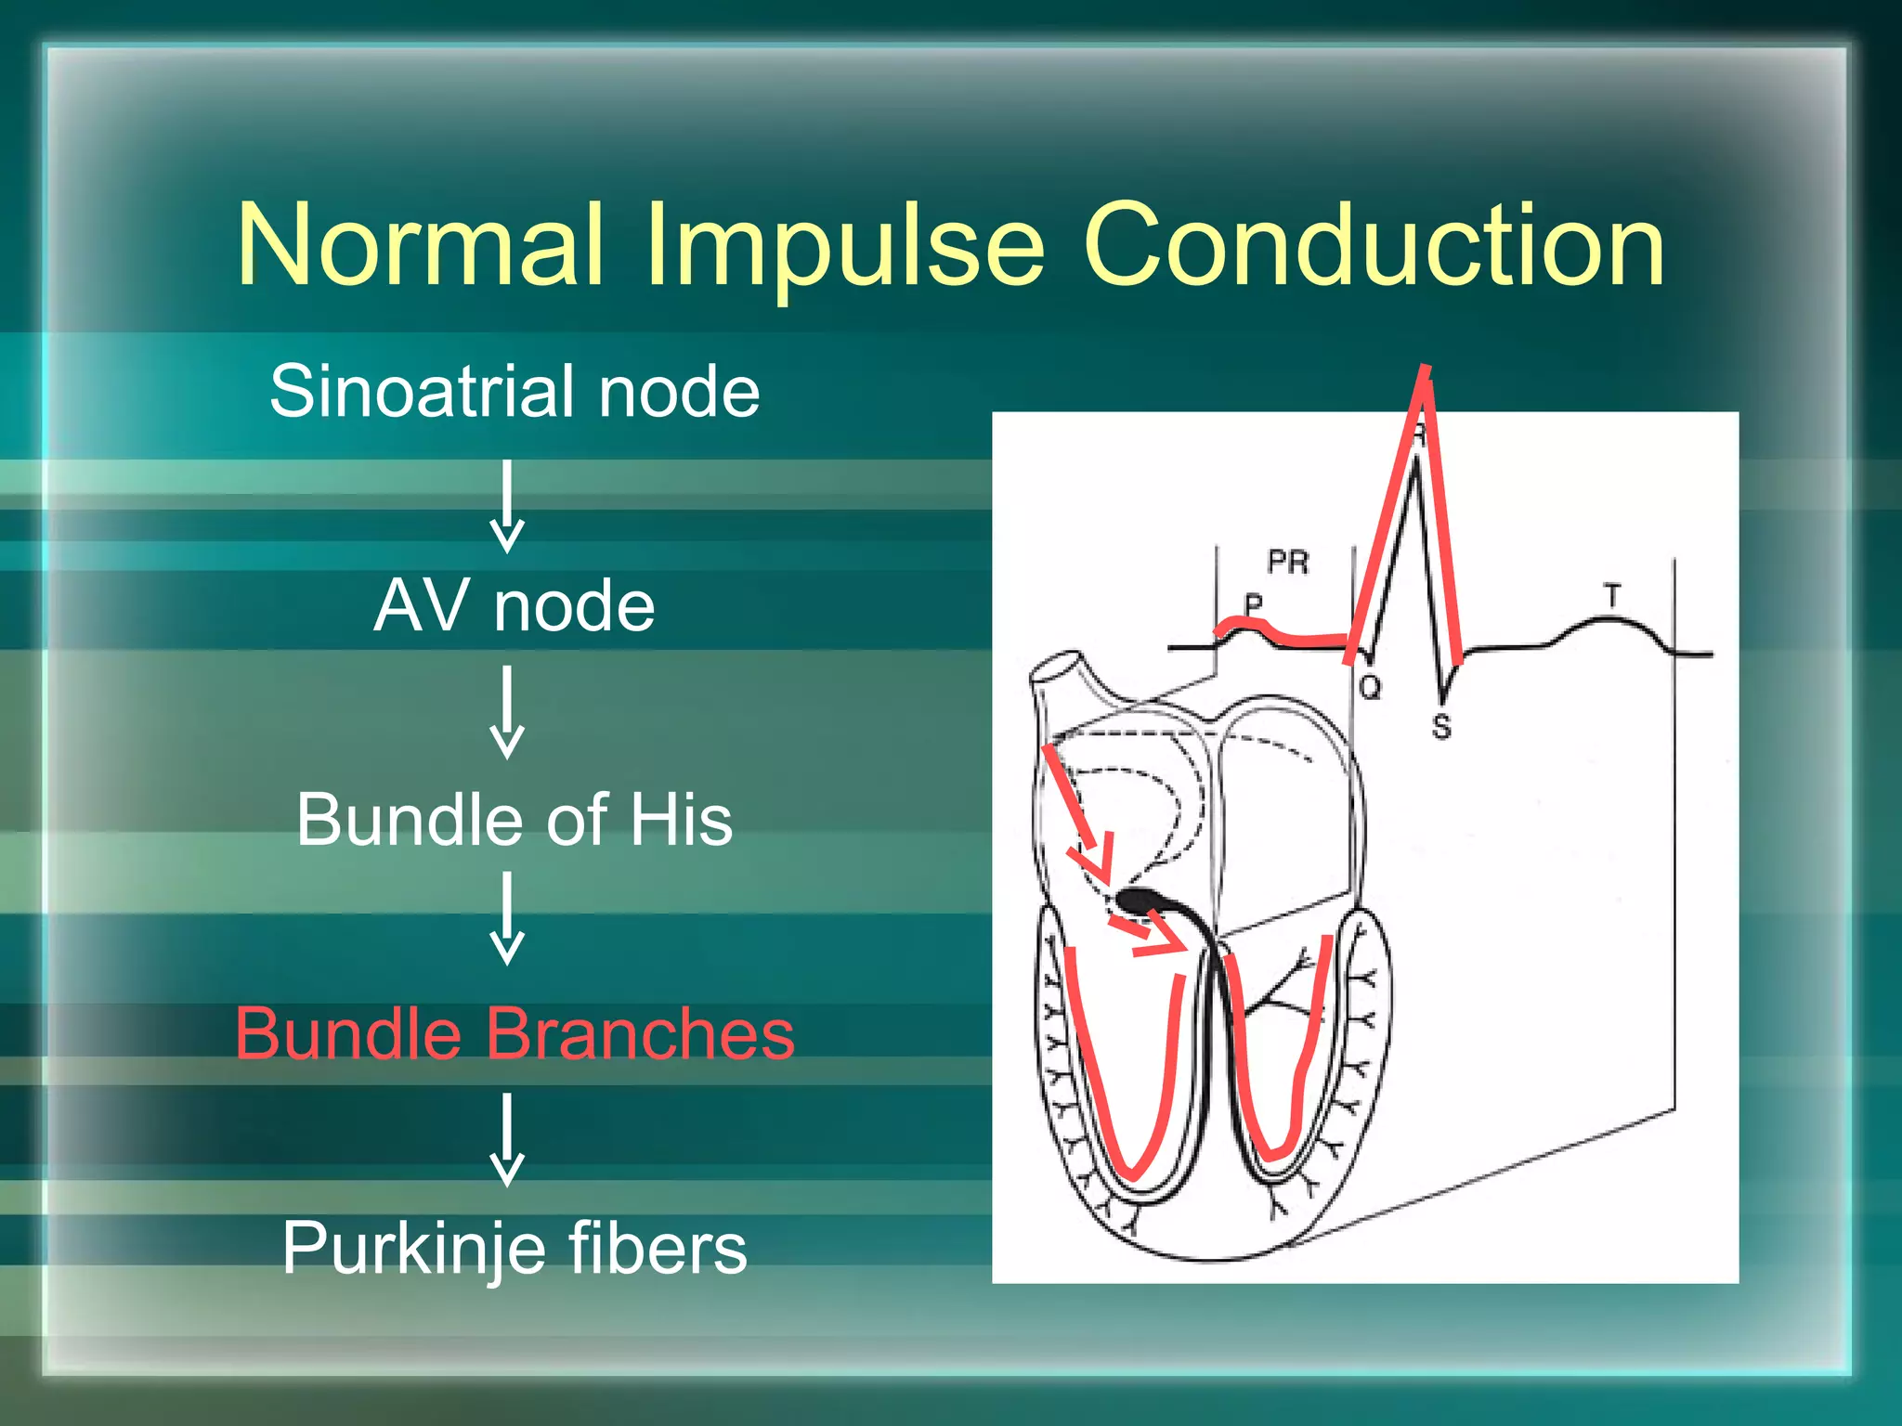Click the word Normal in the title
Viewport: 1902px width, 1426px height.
pyautogui.click(x=422, y=246)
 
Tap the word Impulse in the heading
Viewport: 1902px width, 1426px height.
pyautogui.click(x=845, y=249)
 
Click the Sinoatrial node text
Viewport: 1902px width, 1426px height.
pyautogui.click(x=515, y=392)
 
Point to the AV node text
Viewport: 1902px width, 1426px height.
pyautogui.click(x=515, y=606)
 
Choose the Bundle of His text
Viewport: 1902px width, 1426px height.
pyautogui.click(x=515, y=821)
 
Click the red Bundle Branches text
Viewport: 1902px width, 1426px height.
pyautogui.click(x=515, y=1034)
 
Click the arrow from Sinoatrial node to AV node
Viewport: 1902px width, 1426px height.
pyautogui.click(x=507, y=507)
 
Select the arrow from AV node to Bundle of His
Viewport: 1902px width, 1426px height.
pyautogui.click(x=507, y=712)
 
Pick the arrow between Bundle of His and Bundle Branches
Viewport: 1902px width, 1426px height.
pyautogui.click(x=507, y=917)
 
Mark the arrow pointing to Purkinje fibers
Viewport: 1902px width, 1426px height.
pyautogui.click(x=507, y=1139)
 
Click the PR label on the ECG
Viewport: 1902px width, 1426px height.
pyautogui.click(x=1288, y=562)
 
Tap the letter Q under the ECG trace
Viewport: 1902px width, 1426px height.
pyautogui.click(x=1370, y=688)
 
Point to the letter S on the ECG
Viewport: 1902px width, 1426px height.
pyautogui.click(x=1441, y=726)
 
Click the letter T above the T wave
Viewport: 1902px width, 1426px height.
pyautogui.click(x=1612, y=595)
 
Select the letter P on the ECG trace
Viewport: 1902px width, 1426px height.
pyautogui.click(x=1254, y=604)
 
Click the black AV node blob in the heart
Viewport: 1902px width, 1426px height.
pyautogui.click(x=1137, y=899)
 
